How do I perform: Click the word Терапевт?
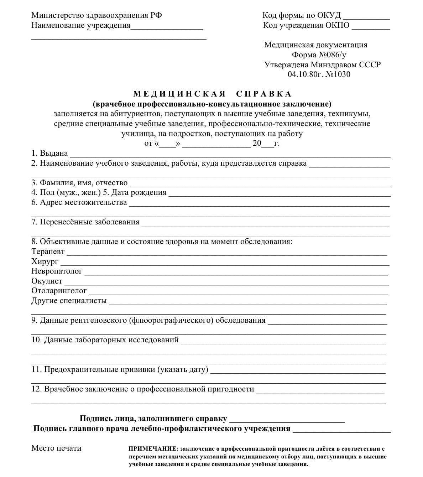[48, 252]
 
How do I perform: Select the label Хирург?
[45, 261]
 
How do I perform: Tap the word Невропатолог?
[57, 271]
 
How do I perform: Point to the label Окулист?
[47, 281]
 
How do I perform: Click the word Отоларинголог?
[59, 291]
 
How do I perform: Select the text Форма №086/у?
[319, 55]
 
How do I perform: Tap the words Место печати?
[56, 448]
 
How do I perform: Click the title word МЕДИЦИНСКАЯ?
[180, 94]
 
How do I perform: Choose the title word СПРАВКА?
[264, 94]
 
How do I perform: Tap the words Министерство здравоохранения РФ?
[96, 15]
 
